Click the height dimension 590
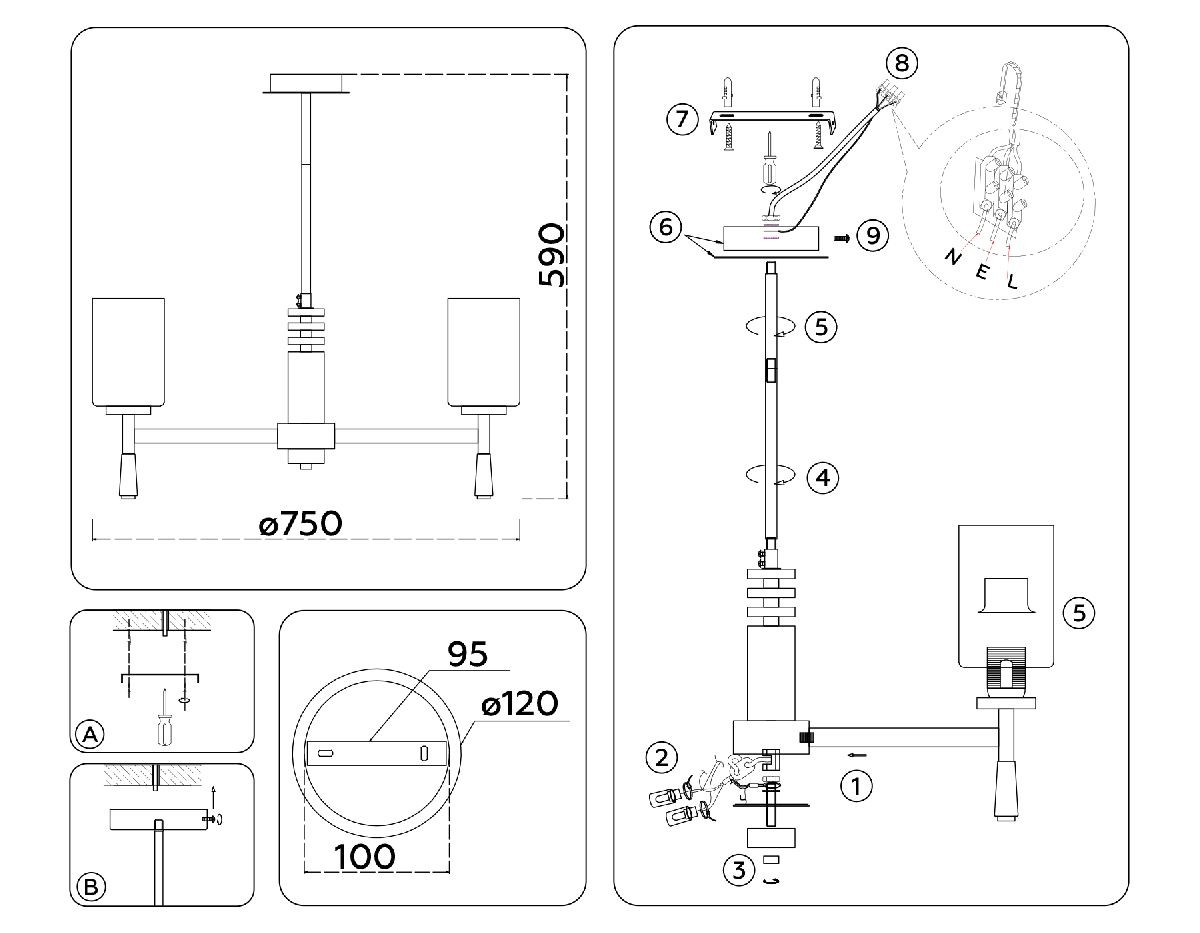click(x=552, y=256)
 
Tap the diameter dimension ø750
click(x=300, y=524)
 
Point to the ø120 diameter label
click(x=519, y=704)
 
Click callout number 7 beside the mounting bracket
click(x=682, y=120)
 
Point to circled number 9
click(x=873, y=236)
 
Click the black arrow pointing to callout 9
click(x=842, y=237)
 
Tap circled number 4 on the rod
click(x=822, y=478)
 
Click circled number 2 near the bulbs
click(x=660, y=757)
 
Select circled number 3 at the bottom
click(x=739, y=870)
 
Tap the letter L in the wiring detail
click(x=1012, y=282)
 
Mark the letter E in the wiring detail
click(x=981, y=272)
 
